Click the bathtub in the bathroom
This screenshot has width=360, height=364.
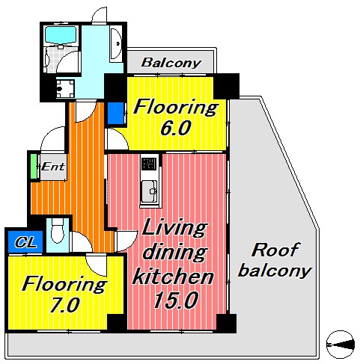61,35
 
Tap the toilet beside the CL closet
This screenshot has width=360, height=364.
58,230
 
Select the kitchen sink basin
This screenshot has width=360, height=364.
149,191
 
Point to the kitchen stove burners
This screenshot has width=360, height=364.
149,164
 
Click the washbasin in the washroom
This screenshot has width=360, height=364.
115,44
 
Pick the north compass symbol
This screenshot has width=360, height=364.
341,345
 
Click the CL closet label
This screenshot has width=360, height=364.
25,242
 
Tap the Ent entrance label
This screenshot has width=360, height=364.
53,167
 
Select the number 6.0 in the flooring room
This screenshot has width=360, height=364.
176,128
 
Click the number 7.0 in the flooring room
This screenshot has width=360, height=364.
64,305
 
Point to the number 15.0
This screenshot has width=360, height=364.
177,300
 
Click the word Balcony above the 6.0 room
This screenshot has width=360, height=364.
171,63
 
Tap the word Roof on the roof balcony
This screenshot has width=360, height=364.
275,250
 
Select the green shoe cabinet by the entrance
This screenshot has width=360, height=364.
34,167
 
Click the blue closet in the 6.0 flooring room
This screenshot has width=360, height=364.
116,113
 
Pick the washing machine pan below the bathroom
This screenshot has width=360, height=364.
65,89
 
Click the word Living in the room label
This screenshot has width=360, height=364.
174,227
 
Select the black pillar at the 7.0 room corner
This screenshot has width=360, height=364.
117,322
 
